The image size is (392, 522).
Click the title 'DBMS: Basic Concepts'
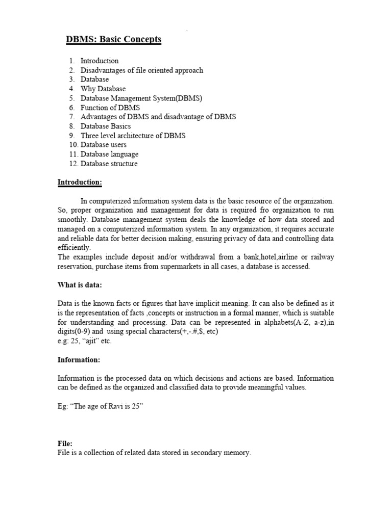click(114, 40)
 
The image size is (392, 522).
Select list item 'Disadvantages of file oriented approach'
click(141, 70)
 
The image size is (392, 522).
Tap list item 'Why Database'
click(103, 89)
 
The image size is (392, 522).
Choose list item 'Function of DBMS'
click(110, 108)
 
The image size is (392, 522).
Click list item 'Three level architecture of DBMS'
click(133, 136)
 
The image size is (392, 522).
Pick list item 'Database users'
click(103, 145)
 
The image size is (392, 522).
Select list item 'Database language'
click(109, 154)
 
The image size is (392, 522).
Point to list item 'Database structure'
click(109, 164)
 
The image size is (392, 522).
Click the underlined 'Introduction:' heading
click(80, 182)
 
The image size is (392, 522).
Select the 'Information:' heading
click(79, 359)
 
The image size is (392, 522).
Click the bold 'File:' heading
click(65, 444)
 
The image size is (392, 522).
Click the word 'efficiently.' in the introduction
click(74, 247)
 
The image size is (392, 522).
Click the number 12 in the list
click(72, 164)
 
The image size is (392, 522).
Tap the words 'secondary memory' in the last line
click(220, 453)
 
